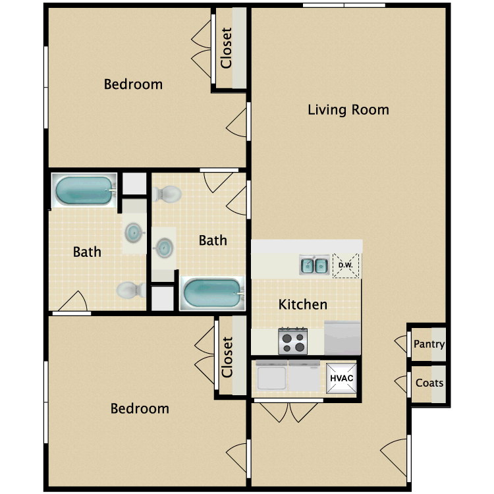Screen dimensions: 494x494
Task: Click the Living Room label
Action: click(348, 110)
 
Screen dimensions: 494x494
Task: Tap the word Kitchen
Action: click(302, 304)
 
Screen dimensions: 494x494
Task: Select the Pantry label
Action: click(429, 344)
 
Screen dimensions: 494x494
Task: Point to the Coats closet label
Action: click(429, 383)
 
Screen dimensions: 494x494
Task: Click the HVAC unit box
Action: click(342, 379)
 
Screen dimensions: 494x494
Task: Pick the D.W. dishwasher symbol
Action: click(346, 265)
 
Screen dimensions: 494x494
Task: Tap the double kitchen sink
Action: click(314, 265)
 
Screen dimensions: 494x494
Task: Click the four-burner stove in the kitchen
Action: click(293, 341)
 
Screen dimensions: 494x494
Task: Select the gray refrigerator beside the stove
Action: click(342, 338)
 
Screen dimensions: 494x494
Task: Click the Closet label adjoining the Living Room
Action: click(227, 48)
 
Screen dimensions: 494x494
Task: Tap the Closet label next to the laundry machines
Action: click(227, 357)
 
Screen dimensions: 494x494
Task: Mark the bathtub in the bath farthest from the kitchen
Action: click(84, 190)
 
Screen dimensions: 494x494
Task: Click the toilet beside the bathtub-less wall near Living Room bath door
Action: click(167, 194)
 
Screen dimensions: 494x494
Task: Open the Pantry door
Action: click(401, 344)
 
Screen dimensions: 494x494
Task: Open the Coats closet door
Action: click(401, 383)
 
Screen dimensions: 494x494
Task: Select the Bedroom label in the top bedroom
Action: click(133, 84)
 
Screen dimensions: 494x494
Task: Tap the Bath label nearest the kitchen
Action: click(213, 240)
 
